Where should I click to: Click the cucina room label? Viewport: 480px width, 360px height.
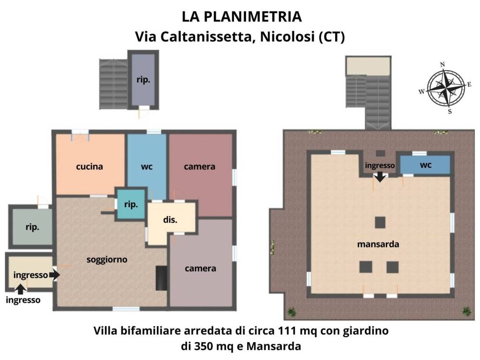(89, 166)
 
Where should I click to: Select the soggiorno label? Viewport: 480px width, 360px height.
(107, 259)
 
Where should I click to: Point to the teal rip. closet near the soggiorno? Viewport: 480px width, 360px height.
(131, 204)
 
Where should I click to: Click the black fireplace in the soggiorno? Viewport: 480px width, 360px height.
(161, 277)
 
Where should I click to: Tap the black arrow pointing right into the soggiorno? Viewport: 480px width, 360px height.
(54, 275)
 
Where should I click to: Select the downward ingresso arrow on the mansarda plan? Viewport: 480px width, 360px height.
(380, 177)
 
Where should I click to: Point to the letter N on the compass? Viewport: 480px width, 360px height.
(442, 65)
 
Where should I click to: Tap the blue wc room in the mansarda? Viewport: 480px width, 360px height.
(425, 165)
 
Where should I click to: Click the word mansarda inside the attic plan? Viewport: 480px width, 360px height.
(378, 244)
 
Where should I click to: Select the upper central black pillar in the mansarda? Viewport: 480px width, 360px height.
(380, 222)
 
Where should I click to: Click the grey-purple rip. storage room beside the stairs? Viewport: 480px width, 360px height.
(143, 80)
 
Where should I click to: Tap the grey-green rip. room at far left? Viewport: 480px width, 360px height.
(32, 227)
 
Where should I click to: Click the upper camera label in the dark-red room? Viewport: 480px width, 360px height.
(200, 166)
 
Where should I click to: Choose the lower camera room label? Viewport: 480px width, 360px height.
(201, 269)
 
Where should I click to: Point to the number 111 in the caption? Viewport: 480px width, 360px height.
(287, 331)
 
